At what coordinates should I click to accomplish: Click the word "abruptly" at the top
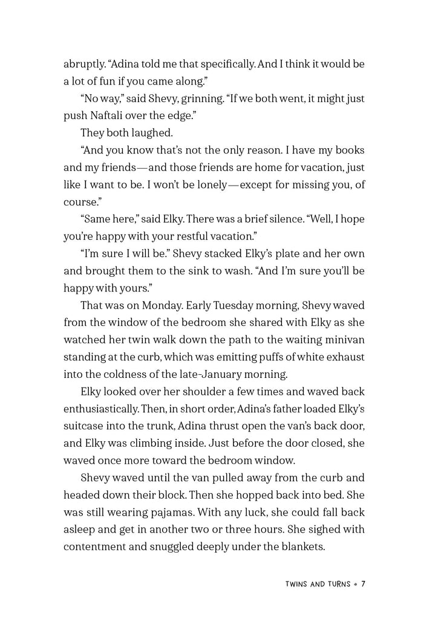(83, 63)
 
